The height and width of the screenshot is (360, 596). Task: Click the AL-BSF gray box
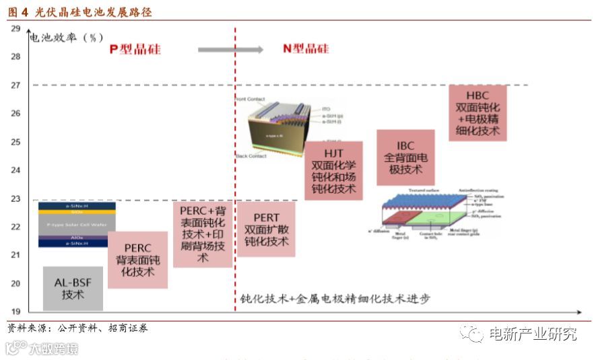(73, 288)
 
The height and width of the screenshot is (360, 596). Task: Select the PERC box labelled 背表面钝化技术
(137, 260)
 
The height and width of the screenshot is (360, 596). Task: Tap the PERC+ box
(203, 233)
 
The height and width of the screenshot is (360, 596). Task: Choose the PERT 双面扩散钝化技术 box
(266, 229)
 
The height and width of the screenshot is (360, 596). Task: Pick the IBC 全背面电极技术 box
(405, 157)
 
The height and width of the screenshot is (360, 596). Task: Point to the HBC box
(477, 112)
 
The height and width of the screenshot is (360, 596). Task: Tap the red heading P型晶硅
(135, 49)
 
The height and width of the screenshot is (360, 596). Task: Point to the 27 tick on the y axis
(15, 85)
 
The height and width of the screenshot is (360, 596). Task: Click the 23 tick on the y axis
(15, 199)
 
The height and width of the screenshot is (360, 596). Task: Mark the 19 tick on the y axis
(15, 312)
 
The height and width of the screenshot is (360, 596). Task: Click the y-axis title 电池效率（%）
(66, 37)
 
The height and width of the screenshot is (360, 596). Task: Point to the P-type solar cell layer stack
(77, 224)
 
